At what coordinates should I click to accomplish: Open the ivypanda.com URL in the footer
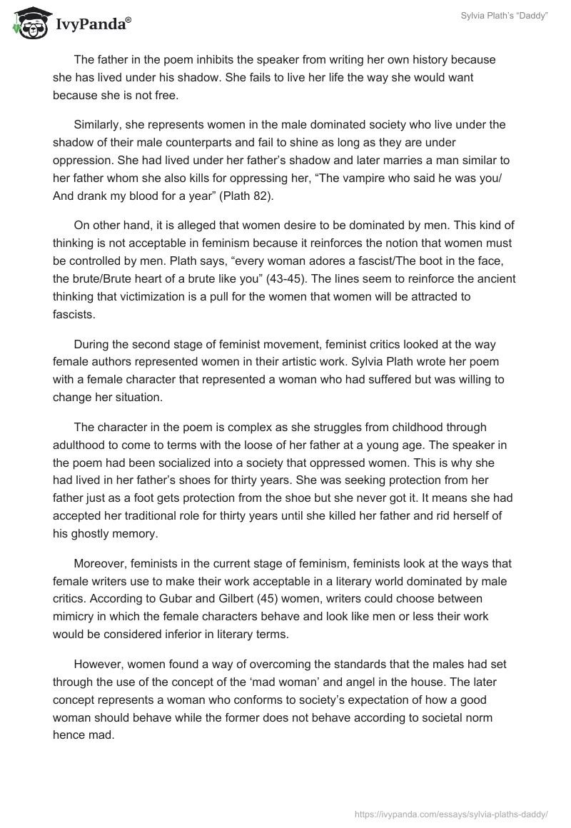(x=451, y=813)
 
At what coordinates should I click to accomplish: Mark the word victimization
(x=143, y=296)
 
